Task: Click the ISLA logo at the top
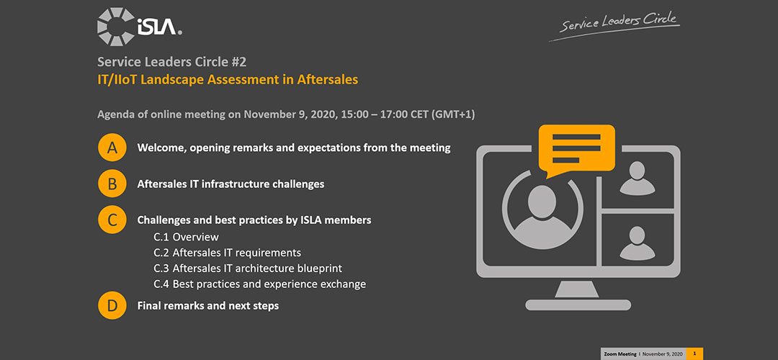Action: coord(140,27)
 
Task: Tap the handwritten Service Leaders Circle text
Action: coord(614,24)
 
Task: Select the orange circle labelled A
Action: coord(112,148)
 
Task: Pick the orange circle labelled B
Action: coord(112,184)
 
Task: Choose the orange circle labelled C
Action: coord(112,220)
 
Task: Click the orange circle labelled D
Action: coord(112,305)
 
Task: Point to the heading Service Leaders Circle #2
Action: coord(171,62)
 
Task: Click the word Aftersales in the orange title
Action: coord(328,79)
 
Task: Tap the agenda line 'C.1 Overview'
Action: coord(186,237)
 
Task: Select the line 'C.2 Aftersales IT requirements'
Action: coord(227,253)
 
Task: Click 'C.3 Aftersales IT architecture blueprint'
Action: coord(248,269)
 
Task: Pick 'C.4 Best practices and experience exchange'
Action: coord(259,284)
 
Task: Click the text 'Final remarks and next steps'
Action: coord(208,306)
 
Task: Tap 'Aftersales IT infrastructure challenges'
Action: coord(231,184)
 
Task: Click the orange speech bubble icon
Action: coord(576,150)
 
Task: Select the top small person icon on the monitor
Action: coord(637,178)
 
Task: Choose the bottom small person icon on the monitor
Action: coord(637,243)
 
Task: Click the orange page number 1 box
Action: coord(694,354)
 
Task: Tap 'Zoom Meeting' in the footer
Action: coord(620,354)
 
